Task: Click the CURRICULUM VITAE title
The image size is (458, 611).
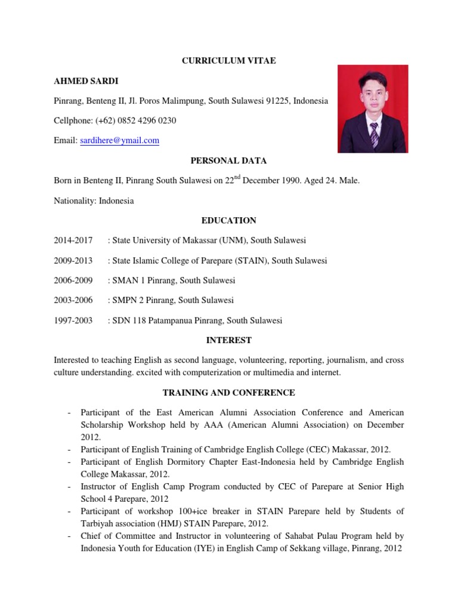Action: (229, 61)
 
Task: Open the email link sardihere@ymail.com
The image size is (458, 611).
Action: (119, 141)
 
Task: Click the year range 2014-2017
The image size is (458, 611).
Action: (73, 240)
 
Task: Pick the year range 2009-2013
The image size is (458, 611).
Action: (73, 261)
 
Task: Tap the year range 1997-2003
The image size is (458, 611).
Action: (73, 320)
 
